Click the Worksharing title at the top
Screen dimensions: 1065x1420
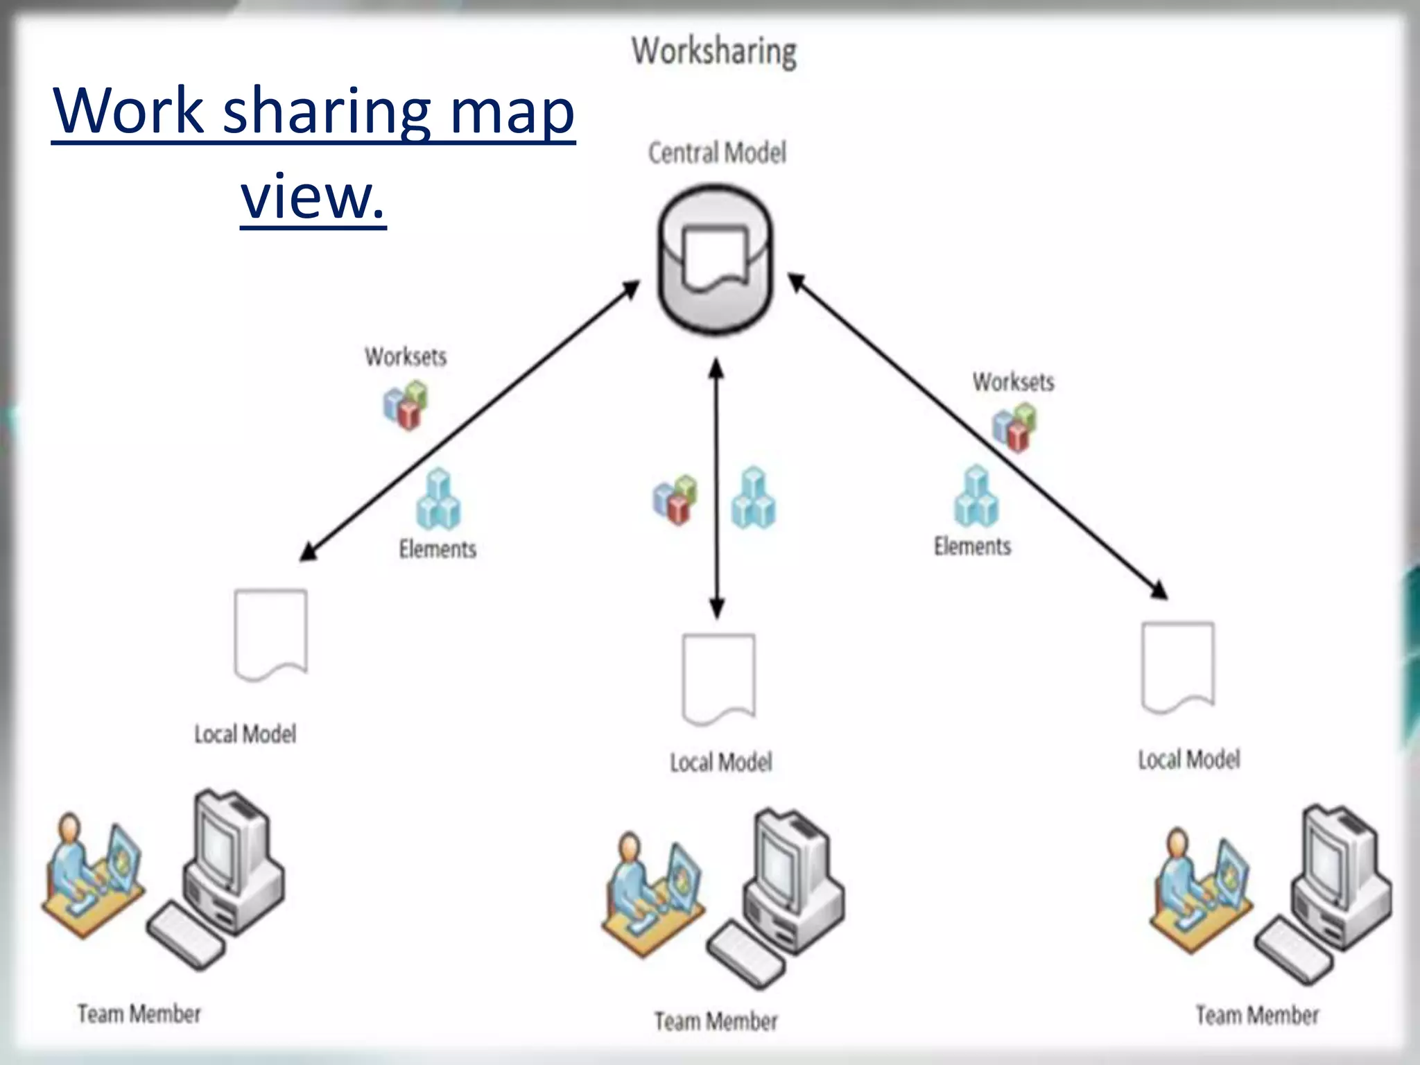point(714,52)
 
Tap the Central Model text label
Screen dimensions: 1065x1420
point(717,153)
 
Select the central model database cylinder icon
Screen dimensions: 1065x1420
point(716,260)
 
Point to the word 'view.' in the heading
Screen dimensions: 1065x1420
point(313,196)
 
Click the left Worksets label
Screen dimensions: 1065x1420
point(406,357)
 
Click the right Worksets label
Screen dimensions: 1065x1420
point(1013,382)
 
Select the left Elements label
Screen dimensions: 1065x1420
point(438,549)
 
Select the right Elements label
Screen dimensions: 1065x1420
point(972,546)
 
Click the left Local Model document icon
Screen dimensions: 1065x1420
point(270,634)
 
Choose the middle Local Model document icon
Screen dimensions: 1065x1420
point(718,678)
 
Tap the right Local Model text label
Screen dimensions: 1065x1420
point(1188,760)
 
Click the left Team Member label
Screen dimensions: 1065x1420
point(139,1014)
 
